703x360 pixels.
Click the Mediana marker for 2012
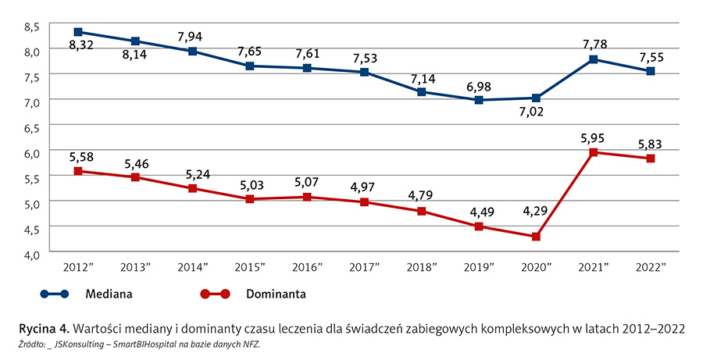78,32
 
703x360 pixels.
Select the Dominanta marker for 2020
536,237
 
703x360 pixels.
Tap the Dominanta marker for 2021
594,152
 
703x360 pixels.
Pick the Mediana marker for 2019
479,100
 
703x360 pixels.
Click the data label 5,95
594,137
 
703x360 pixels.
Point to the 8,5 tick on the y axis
31,27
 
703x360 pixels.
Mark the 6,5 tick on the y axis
31,127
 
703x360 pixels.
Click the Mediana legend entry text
109,294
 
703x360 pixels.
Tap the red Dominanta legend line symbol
214,294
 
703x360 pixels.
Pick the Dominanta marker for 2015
250,199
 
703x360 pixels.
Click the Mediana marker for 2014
192,52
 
